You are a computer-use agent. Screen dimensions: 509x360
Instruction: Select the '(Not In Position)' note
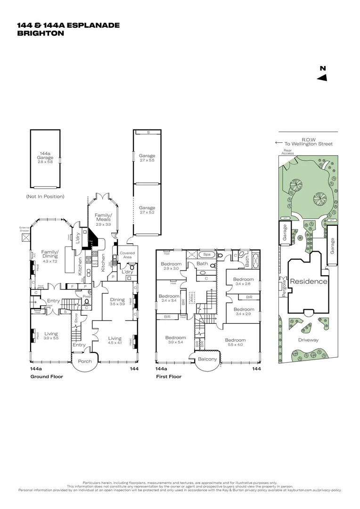pyautogui.click(x=45, y=196)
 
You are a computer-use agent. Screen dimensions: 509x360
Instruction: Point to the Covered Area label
pyautogui.click(x=127, y=255)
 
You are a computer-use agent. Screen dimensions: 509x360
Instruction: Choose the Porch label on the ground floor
pyautogui.click(x=85, y=361)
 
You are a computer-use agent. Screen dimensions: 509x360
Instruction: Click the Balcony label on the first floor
pyautogui.click(x=207, y=359)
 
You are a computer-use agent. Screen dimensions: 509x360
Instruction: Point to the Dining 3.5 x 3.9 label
pyautogui.click(x=117, y=302)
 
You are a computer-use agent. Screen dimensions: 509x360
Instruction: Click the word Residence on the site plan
pyautogui.click(x=308, y=281)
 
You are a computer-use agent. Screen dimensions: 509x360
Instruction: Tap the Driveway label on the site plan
pyautogui.click(x=309, y=339)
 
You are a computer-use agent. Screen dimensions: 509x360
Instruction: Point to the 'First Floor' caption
pyautogui.click(x=168, y=377)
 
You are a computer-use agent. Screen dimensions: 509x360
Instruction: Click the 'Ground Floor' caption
pyautogui.click(x=47, y=377)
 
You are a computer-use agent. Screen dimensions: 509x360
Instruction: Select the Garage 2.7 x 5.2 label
pyautogui.click(x=147, y=210)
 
